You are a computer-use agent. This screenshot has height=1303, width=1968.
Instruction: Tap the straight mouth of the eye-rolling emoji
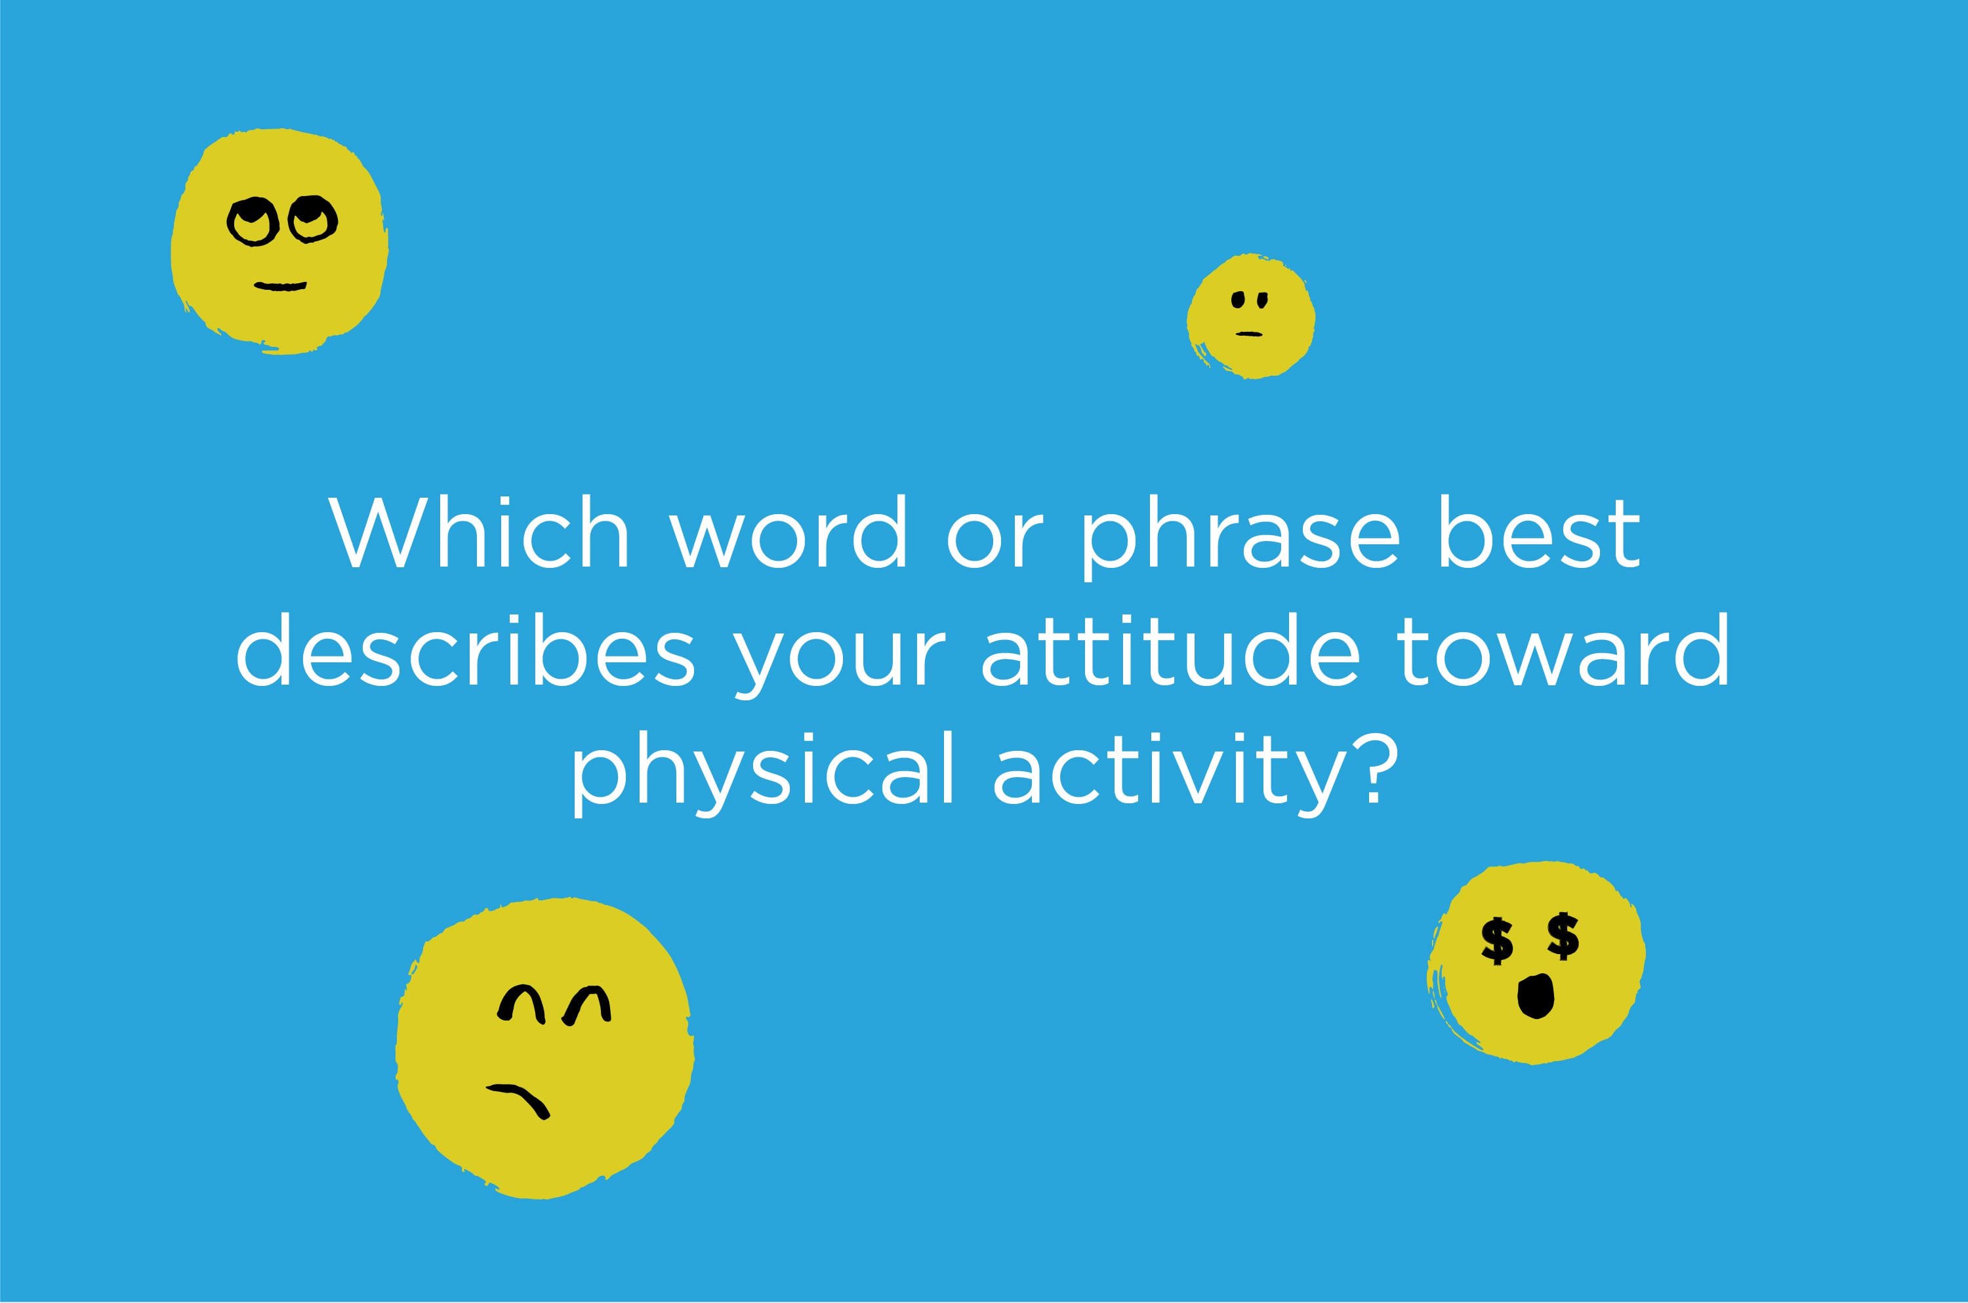click(281, 287)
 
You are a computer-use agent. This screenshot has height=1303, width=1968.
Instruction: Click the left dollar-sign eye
click(1497, 940)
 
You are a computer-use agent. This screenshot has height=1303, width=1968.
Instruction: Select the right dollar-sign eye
click(1563, 936)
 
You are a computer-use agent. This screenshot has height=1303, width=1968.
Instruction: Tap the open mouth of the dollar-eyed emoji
click(1536, 995)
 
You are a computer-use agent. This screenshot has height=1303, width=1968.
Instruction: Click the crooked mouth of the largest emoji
click(520, 1100)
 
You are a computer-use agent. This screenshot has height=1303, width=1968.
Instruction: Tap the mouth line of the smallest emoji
click(1249, 334)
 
